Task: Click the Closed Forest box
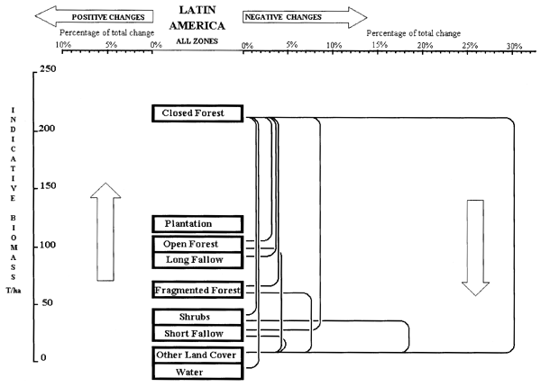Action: [x=198, y=113]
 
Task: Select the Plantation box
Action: [x=197, y=223]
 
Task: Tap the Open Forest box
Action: [x=197, y=244]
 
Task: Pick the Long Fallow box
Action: [x=197, y=259]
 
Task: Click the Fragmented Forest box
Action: [x=197, y=290]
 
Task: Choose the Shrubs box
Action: [x=197, y=317]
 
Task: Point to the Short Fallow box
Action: [x=197, y=333]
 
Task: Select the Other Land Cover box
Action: [x=197, y=355]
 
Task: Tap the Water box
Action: [x=197, y=371]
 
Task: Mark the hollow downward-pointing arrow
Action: [x=475, y=247]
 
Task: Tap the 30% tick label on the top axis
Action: [x=514, y=45]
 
